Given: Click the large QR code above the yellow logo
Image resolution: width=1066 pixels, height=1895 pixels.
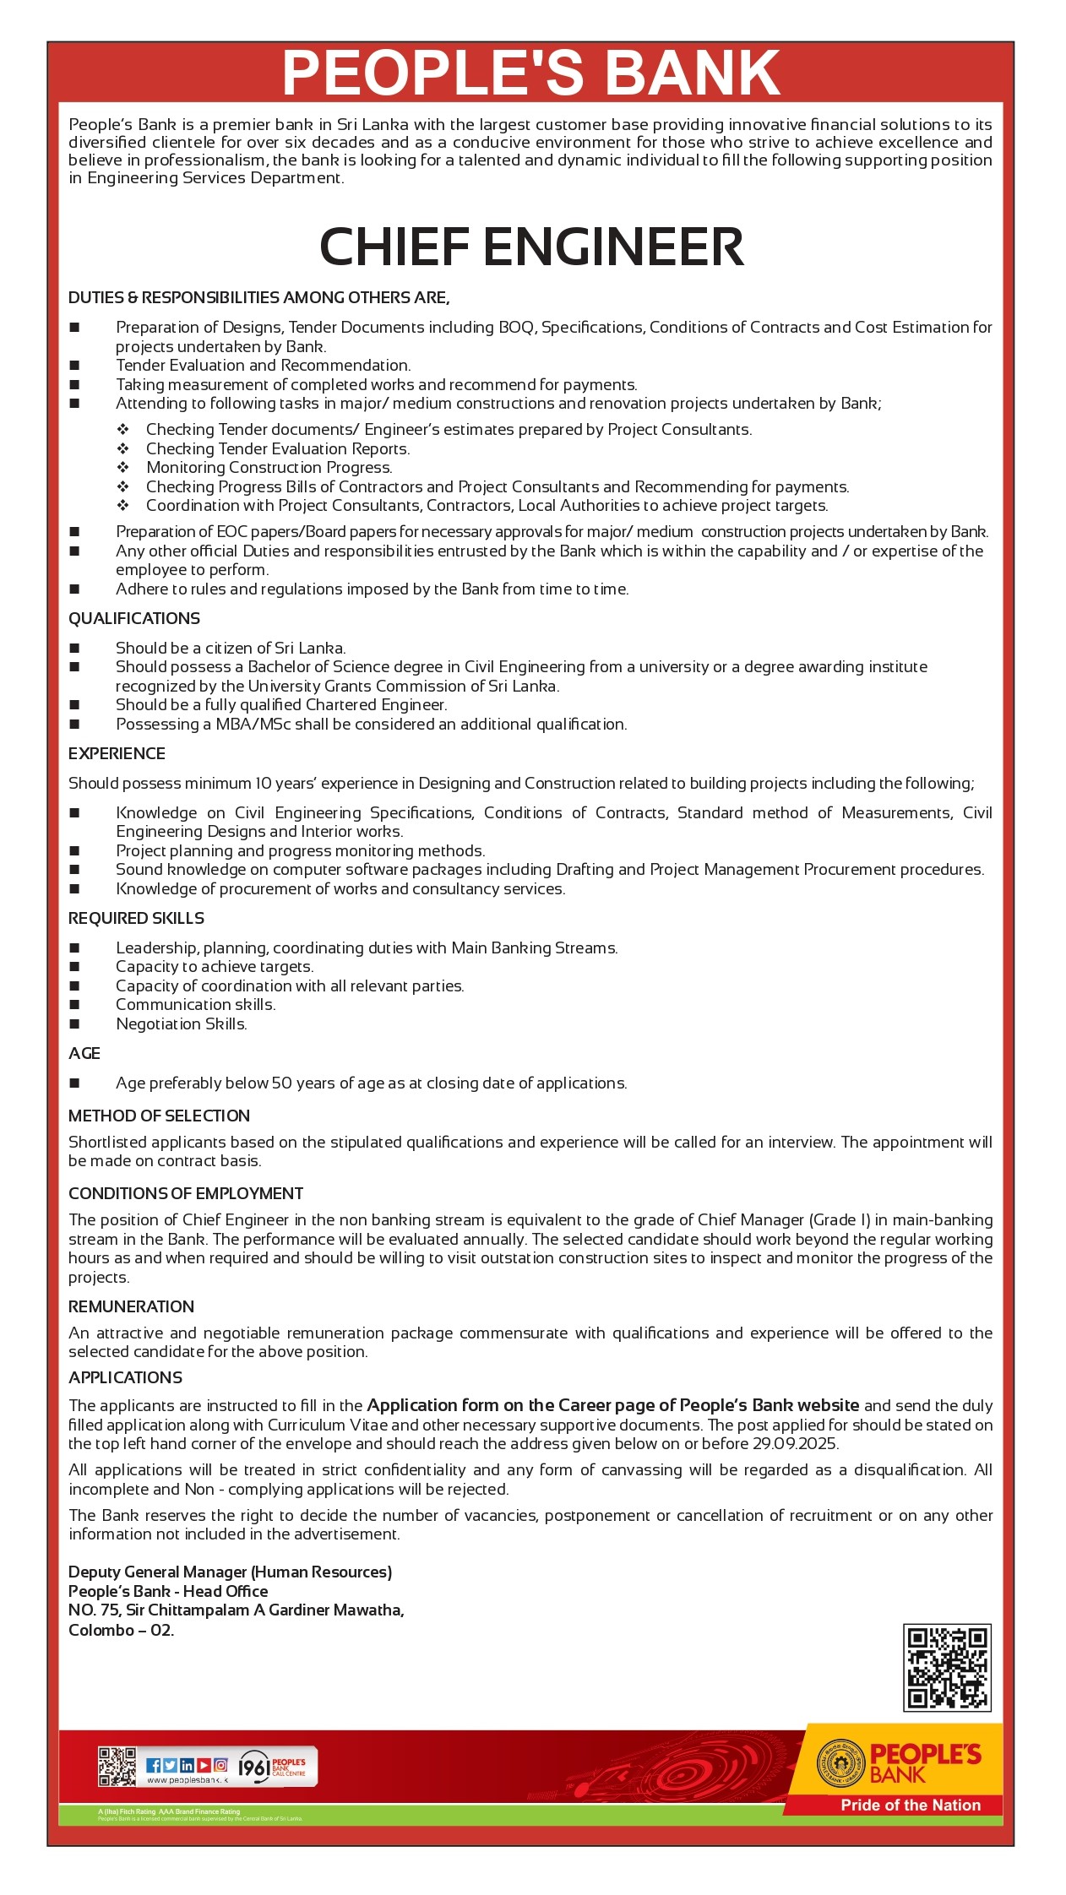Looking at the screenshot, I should tap(946, 1667).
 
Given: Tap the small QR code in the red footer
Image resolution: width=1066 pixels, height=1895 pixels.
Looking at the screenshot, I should tap(117, 1766).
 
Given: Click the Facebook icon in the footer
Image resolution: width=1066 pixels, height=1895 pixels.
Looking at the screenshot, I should tap(154, 1765).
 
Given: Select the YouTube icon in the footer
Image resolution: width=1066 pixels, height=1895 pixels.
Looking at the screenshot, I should tap(204, 1765).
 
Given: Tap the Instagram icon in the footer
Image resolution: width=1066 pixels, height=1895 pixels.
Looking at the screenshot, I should tap(220, 1765).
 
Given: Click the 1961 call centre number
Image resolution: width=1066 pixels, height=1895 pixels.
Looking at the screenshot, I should tap(254, 1767).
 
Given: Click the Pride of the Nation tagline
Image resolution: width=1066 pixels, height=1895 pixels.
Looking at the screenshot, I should tap(910, 1805).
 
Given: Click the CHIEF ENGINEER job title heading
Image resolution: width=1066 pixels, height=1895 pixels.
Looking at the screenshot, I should tap(531, 247).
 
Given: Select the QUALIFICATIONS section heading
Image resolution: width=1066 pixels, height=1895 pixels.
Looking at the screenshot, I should tap(134, 618).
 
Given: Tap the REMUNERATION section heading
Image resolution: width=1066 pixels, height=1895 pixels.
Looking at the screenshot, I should tap(131, 1306).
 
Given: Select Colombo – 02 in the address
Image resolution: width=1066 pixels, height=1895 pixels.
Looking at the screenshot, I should tap(121, 1630).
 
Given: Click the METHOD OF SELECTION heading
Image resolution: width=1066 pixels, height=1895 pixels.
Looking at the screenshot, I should tap(159, 1116).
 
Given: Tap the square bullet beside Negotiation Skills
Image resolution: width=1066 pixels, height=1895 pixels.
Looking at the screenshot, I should tap(74, 1024).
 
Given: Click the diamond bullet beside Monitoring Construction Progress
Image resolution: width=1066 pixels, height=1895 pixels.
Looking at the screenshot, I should tap(122, 468).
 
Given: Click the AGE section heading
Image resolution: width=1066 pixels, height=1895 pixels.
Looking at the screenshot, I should tap(84, 1053).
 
